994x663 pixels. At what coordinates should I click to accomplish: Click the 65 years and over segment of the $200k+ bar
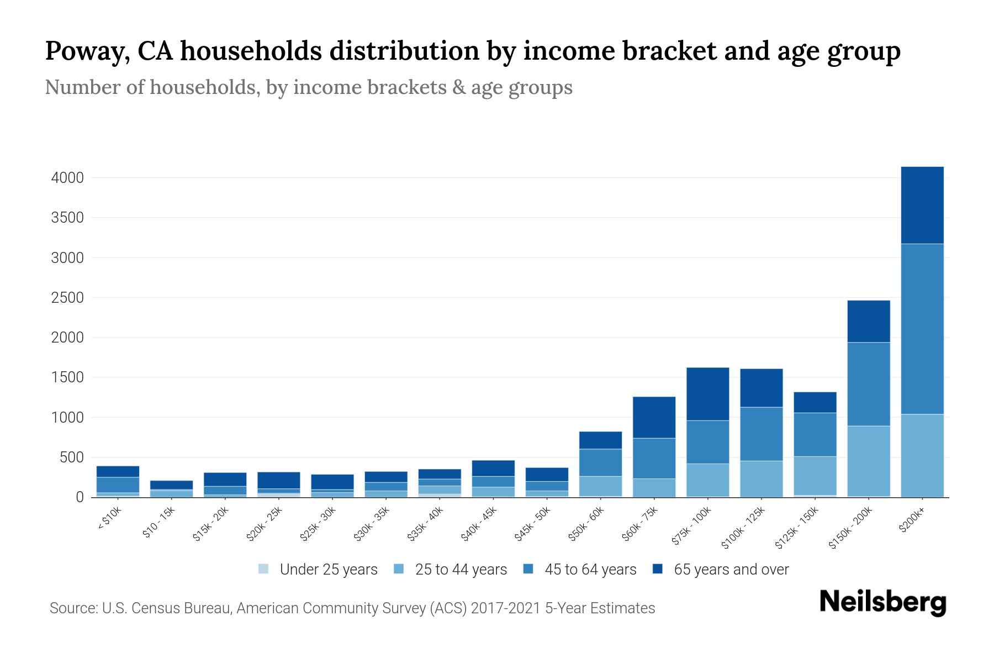(x=922, y=205)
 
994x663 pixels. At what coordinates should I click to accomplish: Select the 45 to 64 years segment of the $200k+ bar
(x=922, y=329)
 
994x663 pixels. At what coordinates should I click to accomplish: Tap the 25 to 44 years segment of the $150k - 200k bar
(x=868, y=461)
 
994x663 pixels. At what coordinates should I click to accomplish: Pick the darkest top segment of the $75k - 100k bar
(x=707, y=394)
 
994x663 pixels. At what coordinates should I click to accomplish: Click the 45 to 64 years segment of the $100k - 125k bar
(x=761, y=434)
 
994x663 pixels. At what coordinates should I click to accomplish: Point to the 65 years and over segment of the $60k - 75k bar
(x=654, y=417)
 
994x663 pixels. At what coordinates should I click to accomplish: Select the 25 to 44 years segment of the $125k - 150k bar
(x=815, y=475)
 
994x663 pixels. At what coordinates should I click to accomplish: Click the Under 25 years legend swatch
(x=263, y=569)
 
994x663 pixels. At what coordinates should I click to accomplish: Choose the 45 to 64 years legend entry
(x=590, y=569)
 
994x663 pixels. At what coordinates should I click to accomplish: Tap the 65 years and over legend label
(x=731, y=569)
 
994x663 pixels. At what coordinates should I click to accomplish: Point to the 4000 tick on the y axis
(x=67, y=178)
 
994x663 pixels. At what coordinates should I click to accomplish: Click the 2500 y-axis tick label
(x=67, y=298)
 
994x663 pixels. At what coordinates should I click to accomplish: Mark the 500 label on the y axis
(x=72, y=457)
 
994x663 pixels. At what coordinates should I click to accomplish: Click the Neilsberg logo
(x=882, y=602)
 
